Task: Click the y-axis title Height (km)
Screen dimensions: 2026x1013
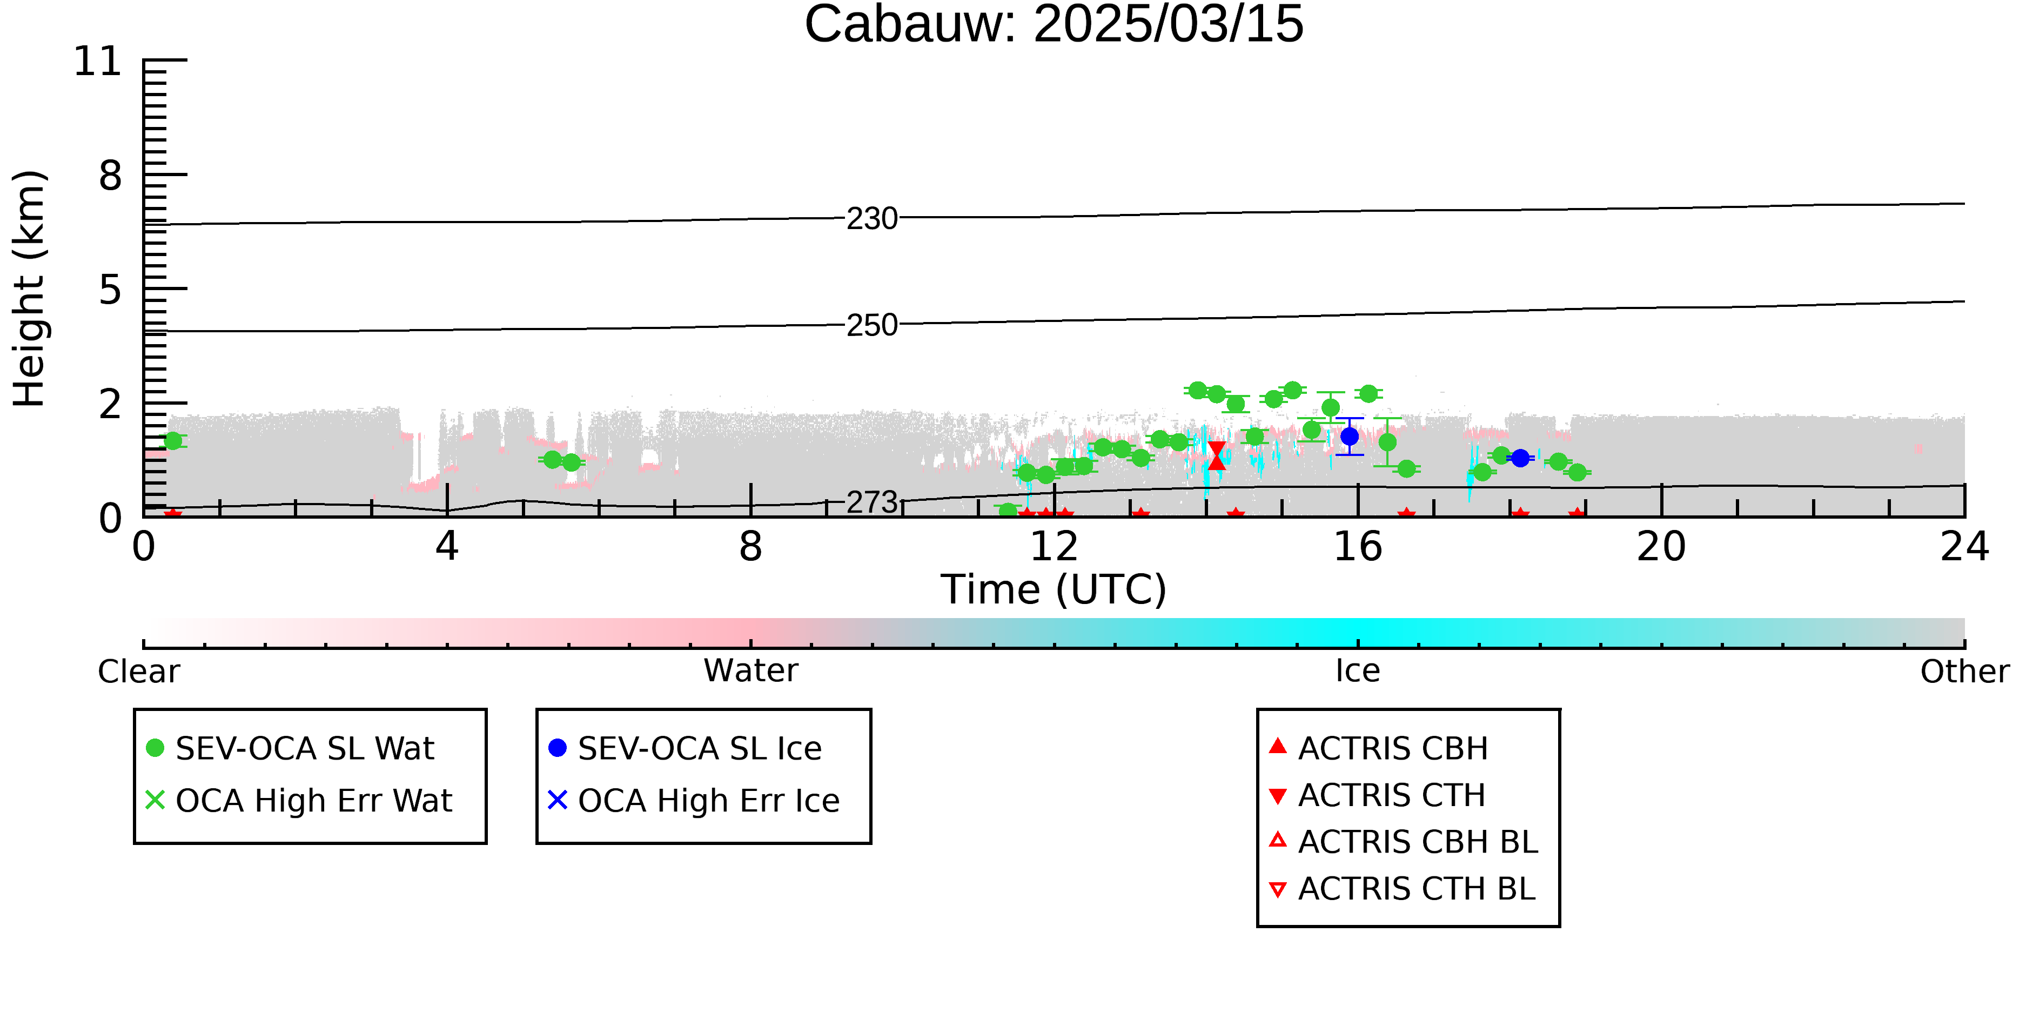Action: [29, 289]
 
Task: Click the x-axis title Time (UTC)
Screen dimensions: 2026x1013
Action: [1054, 590]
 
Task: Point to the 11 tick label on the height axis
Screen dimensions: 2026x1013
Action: [98, 62]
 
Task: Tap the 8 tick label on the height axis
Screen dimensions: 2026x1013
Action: [111, 176]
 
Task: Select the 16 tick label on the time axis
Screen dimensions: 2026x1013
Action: [1358, 547]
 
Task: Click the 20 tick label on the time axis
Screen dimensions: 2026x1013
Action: [1661, 547]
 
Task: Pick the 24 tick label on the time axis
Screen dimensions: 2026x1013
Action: [1964, 547]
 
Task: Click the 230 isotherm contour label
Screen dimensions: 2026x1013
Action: [872, 219]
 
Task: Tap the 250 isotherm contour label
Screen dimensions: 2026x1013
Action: [872, 325]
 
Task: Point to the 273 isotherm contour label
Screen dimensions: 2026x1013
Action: [872, 502]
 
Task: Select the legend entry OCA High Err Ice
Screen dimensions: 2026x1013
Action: [694, 801]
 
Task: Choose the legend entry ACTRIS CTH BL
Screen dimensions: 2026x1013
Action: [1403, 889]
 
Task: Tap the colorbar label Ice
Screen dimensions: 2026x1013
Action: [1358, 671]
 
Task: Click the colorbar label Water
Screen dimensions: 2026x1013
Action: [751, 671]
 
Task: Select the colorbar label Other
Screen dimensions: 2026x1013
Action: [1964, 671]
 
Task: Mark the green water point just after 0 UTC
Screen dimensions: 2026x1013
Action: [173, 440]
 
